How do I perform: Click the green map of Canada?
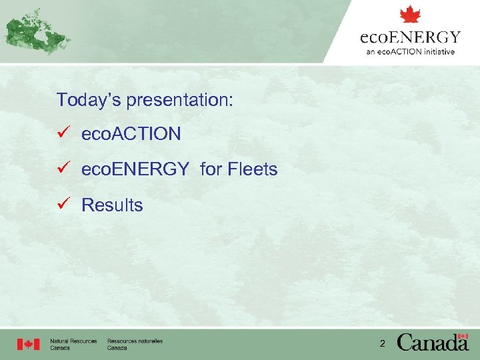36,31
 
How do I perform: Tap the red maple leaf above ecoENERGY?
410,15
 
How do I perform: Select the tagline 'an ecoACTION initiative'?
410,51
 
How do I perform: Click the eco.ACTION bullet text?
131,134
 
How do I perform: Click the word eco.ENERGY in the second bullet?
135,170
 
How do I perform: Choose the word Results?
112,205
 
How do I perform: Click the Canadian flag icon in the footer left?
28,344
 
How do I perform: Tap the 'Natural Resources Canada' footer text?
73,345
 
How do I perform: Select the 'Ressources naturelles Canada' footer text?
135,345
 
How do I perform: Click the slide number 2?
382,344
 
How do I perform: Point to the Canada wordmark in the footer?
433,343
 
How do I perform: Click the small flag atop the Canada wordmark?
462,336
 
